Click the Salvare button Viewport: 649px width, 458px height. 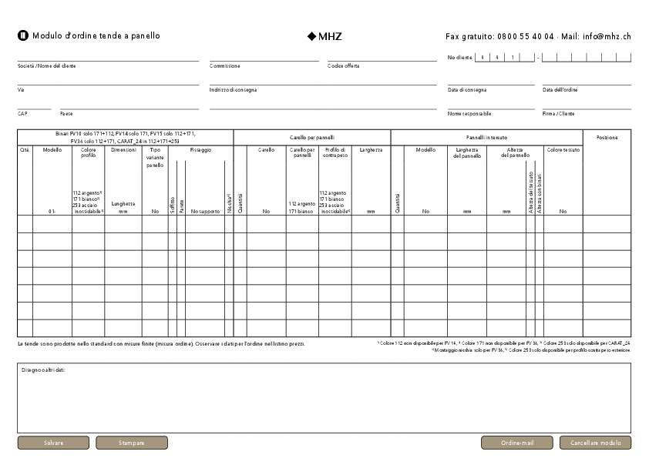[53, 443]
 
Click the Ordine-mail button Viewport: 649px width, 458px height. [517, 443]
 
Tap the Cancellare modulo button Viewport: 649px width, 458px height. [595, 443]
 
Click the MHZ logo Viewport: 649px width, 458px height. [324, 36]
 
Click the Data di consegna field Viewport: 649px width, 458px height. [491, 81]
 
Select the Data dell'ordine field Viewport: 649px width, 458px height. [587, 81]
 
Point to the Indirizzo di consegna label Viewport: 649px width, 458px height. [233, 90]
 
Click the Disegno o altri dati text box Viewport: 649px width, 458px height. [324, 400]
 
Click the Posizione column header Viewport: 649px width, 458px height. [607, 137]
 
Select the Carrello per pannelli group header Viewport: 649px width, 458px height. [311, 136]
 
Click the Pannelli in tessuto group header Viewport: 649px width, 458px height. [486, 136]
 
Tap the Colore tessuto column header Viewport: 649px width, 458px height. [563, 149]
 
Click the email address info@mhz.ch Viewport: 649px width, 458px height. [607, 36]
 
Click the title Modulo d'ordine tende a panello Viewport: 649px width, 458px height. [96, 36]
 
